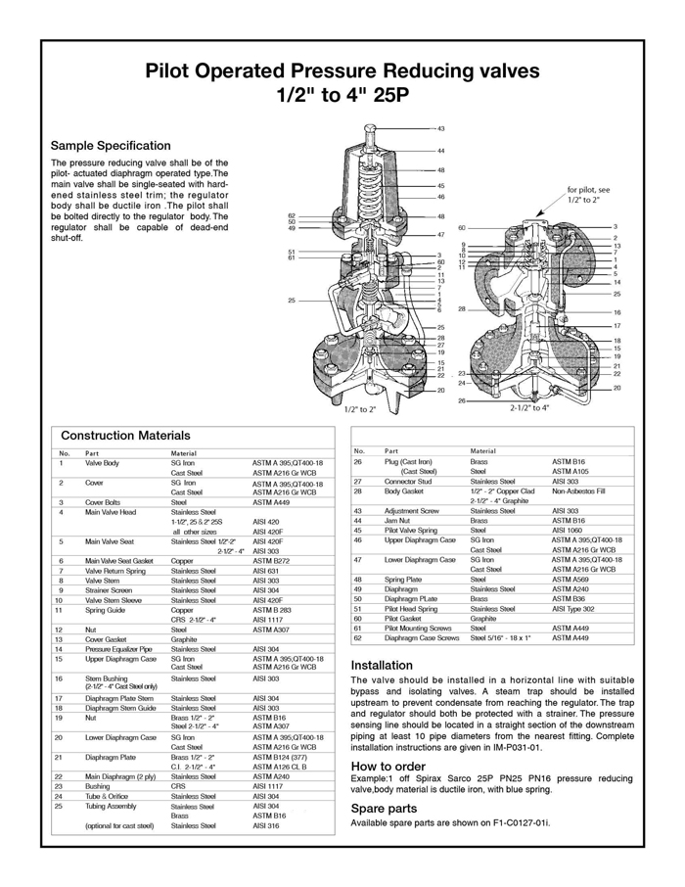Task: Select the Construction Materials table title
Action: pyautogui.click(x=125, y=435)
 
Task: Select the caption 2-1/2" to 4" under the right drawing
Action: pyautogui.click(x=529, y=408)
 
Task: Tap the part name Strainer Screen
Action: pyautogui.click(x=110, y=591)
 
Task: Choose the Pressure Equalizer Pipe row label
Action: pyautogui.click(x=120, y=649)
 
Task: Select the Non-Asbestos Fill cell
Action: pyautogui.click(x=579, y=491)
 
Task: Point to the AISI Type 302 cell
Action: pyautogui.click(x=573, y=609)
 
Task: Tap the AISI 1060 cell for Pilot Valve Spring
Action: pyautogui.click(x=570, y=531)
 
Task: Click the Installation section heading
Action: pyautogui.click(x=382, y=665)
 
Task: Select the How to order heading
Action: pyautogui.click(x=388, y=766)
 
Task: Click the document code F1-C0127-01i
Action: pyautogui.click(x=518, y=823)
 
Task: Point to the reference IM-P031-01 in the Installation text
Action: pyautogui.click(x=514, y=748)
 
